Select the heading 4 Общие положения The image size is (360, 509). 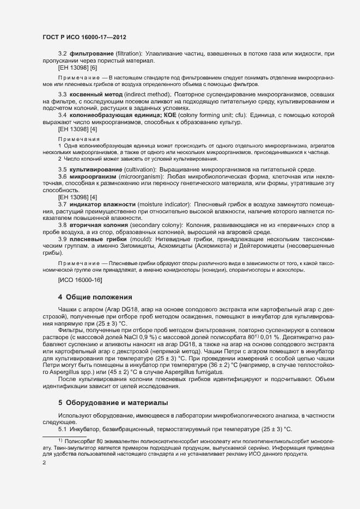[95, 297]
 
